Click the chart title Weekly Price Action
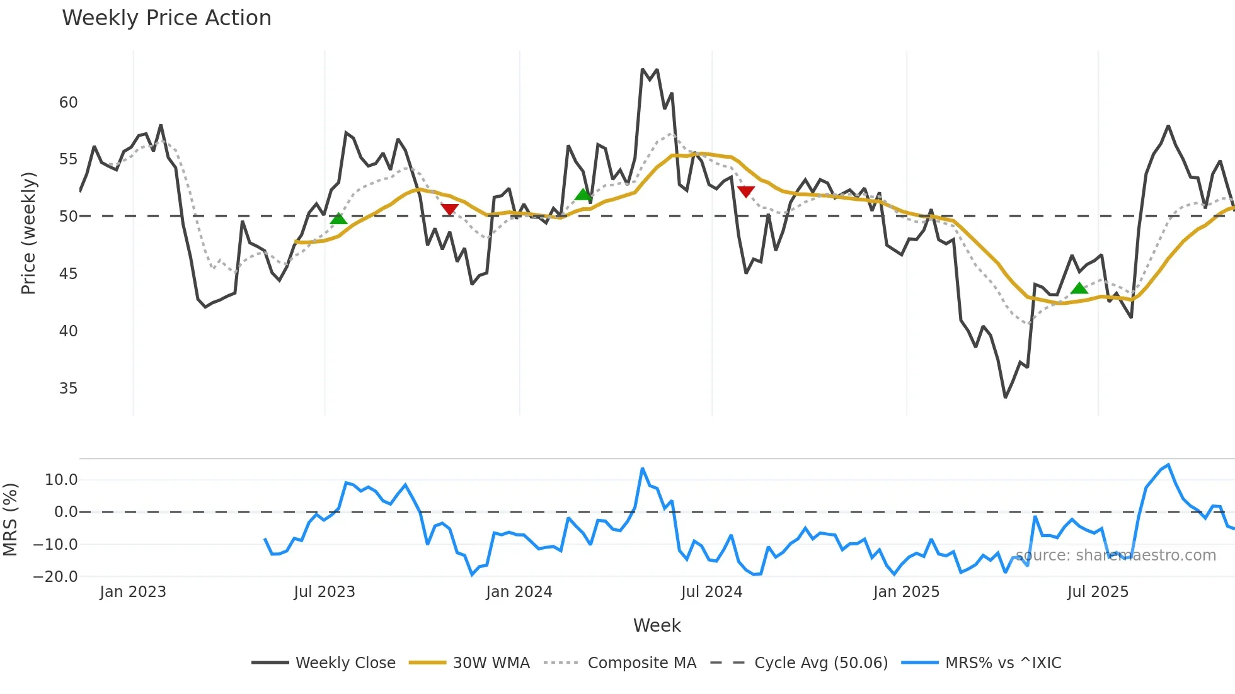tap(166, 18)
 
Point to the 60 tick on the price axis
tap(68, 103)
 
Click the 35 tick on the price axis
tap(68, 389)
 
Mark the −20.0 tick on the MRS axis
tap(55, 577)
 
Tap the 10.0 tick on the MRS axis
tap(60, 480)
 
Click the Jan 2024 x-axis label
tap(519, 592)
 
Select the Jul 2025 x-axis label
tap(1098, 592)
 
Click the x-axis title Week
tap(657, 625)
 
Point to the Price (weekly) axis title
tap(28, 233)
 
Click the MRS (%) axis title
tap(10, 520)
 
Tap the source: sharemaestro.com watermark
tap(1115, 555)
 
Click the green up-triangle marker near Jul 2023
tap(338, 219)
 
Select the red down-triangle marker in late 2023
tap(449, 209)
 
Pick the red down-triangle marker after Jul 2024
tap(745, 191)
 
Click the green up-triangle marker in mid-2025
tap(1079, 288)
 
